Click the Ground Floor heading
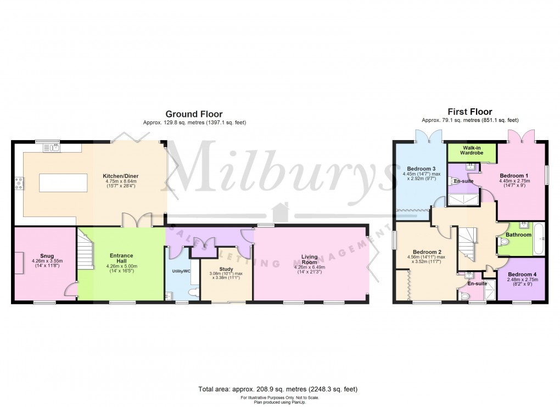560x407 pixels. click(194, 114)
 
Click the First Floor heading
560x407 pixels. click(469, 111)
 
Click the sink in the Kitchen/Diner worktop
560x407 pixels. click(54, 147)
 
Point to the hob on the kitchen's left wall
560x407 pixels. click(19, 182)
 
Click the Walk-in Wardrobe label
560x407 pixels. click(472, 150)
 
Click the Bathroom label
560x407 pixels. click(518, 235)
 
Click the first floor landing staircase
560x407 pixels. click(468, 243)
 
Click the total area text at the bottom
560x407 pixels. click(279, 389)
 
